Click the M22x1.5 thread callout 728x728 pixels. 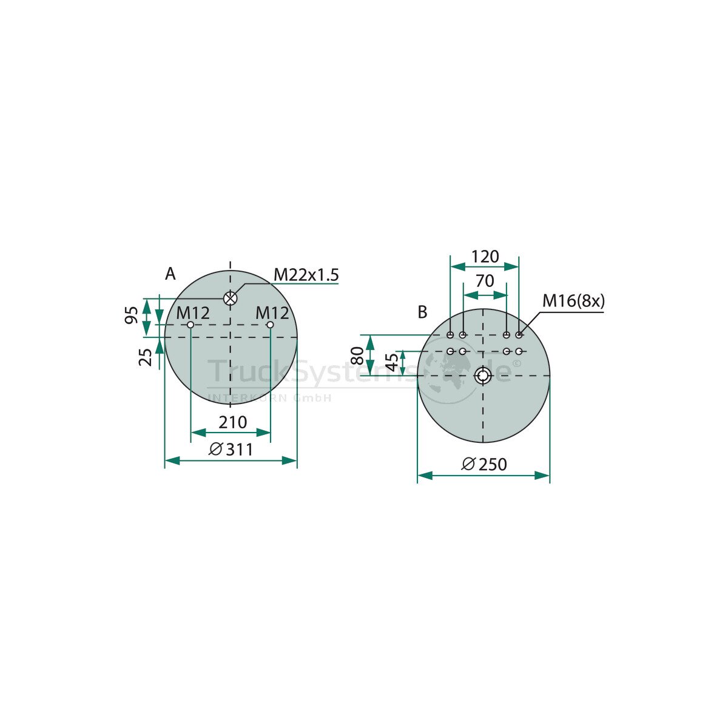(306, 275)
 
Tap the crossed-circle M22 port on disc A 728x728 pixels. (230, 298)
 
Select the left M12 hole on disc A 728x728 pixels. (190, 325)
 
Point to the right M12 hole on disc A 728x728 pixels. (270, 325)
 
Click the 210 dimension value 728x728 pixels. (233, 422)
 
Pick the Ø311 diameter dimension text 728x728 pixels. (231, 450)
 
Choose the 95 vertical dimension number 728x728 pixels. (131, 315)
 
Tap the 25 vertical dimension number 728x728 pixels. (146, 357)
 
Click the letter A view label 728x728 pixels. (170, 274)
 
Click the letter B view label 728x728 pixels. (422, 312)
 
